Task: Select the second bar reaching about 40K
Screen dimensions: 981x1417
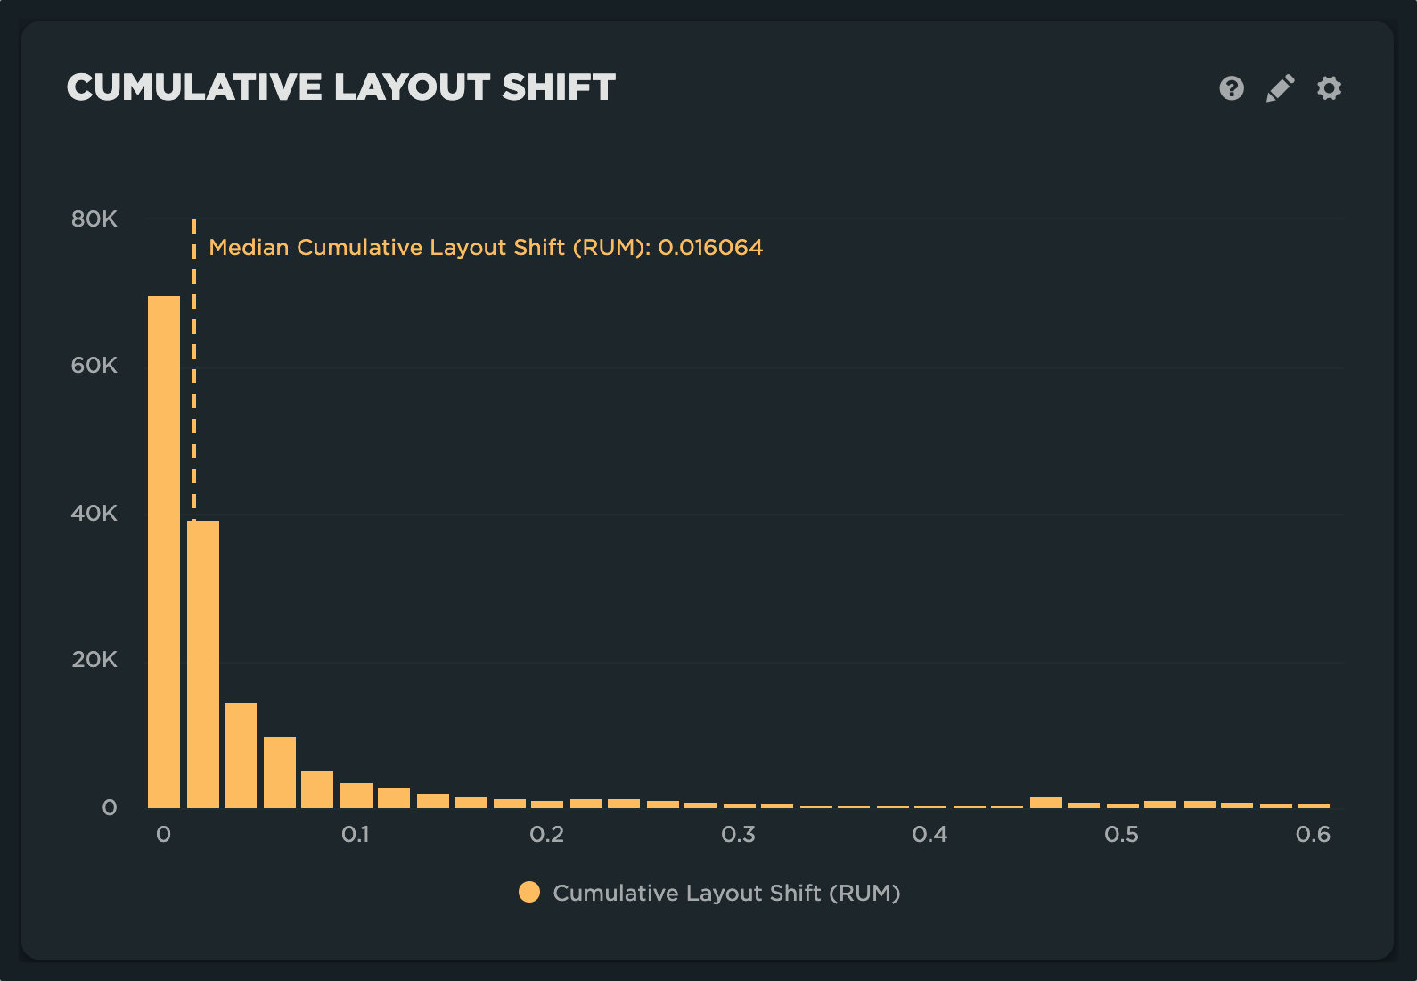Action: click(203, 664)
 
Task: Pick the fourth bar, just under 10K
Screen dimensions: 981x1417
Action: click(280, 771)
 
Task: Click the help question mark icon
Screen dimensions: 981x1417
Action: click(1232, 88)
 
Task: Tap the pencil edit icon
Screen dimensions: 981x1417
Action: click(1280, 88)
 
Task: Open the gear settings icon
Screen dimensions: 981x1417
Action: click(1329, 88)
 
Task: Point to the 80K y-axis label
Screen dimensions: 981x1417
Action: click(94, 219)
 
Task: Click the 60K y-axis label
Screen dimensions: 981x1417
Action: click(94, 366)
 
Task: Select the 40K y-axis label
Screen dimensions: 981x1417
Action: click(94, 514)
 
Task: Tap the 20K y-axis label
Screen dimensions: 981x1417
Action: click(94, 660)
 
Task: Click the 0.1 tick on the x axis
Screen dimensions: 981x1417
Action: click(356, 835)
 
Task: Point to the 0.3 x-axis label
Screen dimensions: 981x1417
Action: click(739, 835)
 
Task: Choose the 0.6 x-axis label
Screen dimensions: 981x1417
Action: click(1313, 835)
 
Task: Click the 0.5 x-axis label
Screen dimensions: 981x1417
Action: click(1121, 835)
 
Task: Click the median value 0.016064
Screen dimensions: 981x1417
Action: click(710, 248)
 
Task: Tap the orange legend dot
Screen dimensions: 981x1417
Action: click(529, 893)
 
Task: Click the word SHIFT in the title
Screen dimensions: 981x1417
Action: click(559, 87)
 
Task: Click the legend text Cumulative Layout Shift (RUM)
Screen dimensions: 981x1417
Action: click(726, 893)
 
